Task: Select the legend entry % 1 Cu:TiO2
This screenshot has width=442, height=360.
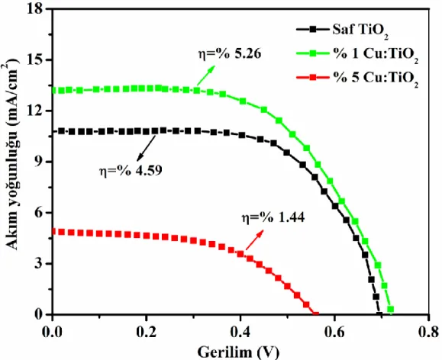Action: [x=357, y=54]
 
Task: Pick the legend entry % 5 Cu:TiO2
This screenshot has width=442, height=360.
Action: [x=357, y=78]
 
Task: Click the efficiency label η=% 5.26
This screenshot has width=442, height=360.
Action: [x=230, y=54]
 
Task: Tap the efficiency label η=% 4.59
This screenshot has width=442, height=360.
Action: [x=131, y=171]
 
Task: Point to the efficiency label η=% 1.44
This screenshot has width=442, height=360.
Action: [x=273, y=217]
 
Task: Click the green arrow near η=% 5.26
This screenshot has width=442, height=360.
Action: [x=206, y=76]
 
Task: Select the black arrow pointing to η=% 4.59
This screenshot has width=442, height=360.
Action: [x=147, y=149]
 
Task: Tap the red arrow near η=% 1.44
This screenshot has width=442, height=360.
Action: [x=255, y=239]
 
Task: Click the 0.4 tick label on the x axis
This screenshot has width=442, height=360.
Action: [x=240, y=332]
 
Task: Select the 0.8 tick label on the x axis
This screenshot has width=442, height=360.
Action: [x=428, y=332]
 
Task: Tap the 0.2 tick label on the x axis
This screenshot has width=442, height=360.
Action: [x=147, y=332]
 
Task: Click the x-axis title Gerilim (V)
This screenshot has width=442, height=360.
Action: [x=238, y=352]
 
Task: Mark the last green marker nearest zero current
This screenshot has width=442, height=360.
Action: [x=390, y=310]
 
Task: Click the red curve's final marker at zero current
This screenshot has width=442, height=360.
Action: [x=316, y=313]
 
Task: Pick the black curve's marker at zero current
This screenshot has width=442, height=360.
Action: [x=379, y=313]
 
